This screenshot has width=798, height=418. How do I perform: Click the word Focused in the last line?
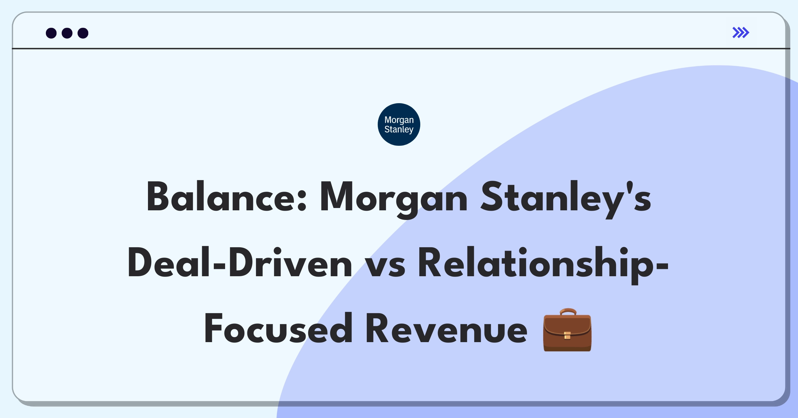pyautogui.click(x=278, y=328)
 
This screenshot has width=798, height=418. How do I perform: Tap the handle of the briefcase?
pyautogui.click(x=568, y=312)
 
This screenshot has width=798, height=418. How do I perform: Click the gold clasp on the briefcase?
pyautogui.click(x=568, y=335)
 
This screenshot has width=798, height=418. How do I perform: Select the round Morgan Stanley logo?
pyautogui.click(x=399, y=124)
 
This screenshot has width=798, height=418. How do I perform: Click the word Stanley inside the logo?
pyautogui.click(x=399, y=129)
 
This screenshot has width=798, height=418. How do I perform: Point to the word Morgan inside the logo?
pyautogui.click(x=399, y=120)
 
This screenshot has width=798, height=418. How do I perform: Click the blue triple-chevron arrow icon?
pyautogui.click(x=741, y=33)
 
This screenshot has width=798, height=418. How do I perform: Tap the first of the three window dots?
pyautogui.click(x=51, y=33)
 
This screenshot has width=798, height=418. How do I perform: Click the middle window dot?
pyautogui.click(x=67, y=33)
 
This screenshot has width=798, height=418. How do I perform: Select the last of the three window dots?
pyautogui.click(x=83, y=33)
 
